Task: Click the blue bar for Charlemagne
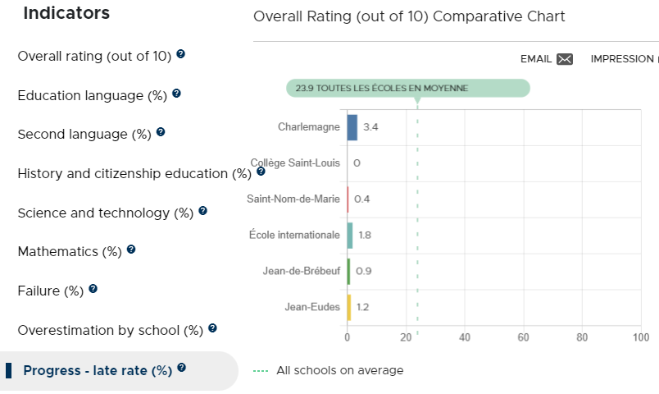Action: [x=352, y=127]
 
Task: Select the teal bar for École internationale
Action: [x=350, y=236]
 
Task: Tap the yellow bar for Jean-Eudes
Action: [x=349, y=308]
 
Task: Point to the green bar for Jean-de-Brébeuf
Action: [x=349, y=272]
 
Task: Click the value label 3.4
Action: [x=370, y=127]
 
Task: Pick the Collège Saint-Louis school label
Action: [x=295, y=163]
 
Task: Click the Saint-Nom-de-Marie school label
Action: [x=293, y=199]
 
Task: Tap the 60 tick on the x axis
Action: [x=523, y=337]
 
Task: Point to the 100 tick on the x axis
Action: [x=641, y=337]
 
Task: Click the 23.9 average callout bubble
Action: [x=408, y=89]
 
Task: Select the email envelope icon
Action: [x=565, y=59]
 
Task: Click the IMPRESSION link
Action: [x=622, y=59]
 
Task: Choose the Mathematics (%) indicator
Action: [x=70, y=252]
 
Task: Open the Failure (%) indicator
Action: [x=51, y=291]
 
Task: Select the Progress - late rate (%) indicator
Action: [x=98, y=370]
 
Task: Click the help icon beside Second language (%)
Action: [x=161, y=132]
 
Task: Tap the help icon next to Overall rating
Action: [x=180, y=54]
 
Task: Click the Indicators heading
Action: [x=66, y=13]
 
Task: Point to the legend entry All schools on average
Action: [x=328, y=370]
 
